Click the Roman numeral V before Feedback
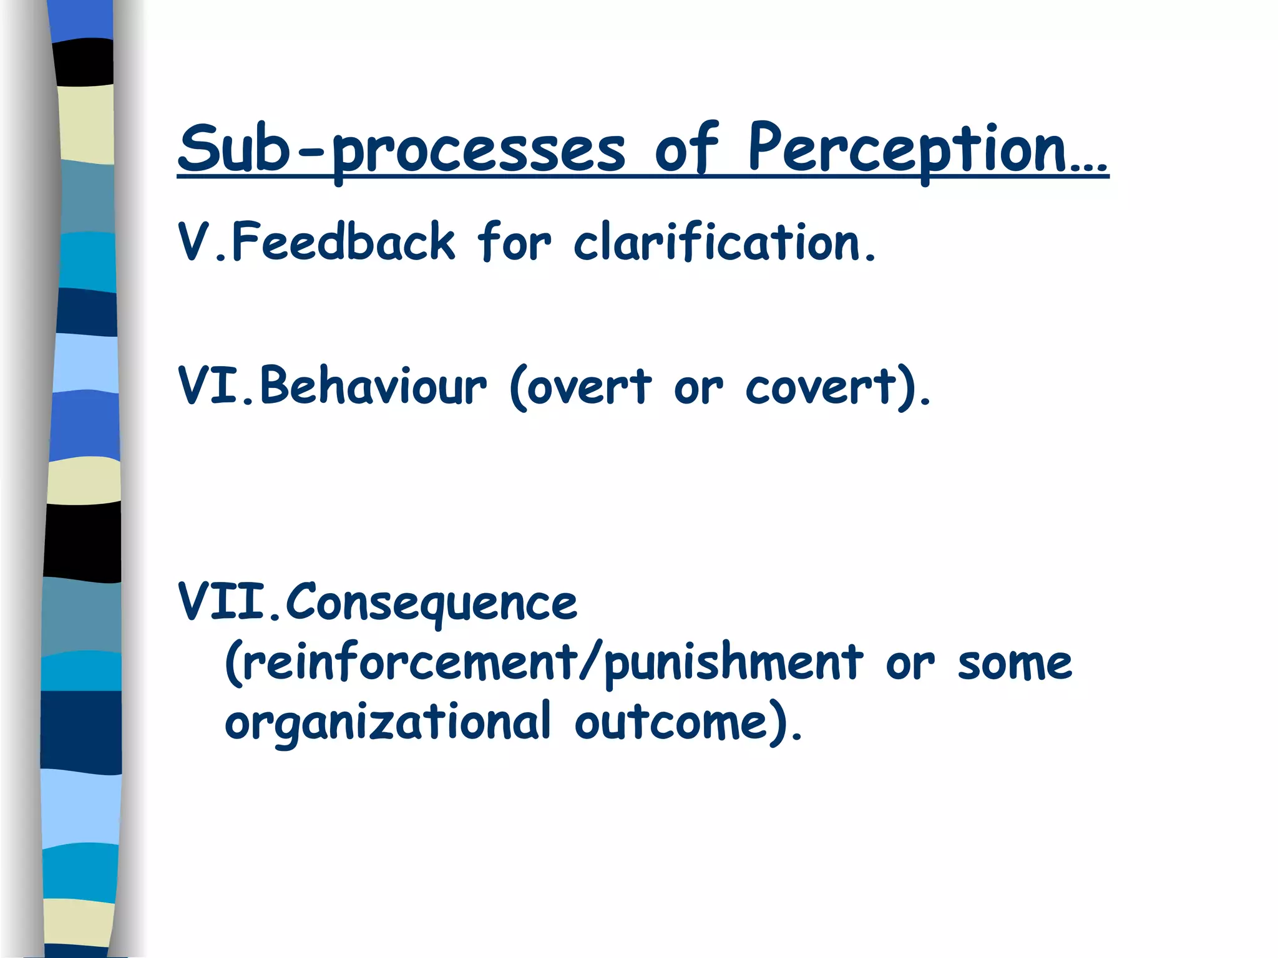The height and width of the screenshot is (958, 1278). click(193, 242)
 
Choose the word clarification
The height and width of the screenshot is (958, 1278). click(718, 242)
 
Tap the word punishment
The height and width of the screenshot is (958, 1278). click(734, 663)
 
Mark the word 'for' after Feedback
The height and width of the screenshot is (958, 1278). click(514, 242)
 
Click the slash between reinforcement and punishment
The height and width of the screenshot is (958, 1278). click(590, 663)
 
